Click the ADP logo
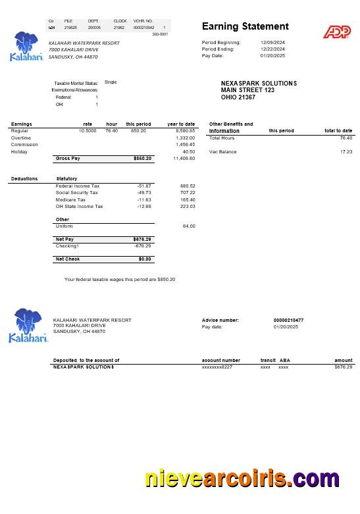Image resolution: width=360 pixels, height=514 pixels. pyautogui.click(x=336, y=31)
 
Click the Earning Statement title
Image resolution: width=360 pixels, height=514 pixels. pyautogui.click(x=245, y=26)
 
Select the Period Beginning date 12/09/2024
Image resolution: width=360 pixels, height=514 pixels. pyautogui.click(x=272, y=42)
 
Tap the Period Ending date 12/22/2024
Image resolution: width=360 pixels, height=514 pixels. pyautogui.click(x=272, y=49)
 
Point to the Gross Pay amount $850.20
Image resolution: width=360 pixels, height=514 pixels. pyautogui.click(x=143, y=159)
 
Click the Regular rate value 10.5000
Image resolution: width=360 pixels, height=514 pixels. pyautogui.click(x=88, y=131)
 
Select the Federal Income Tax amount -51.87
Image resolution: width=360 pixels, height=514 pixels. pyautogui.click(x=144, y=186)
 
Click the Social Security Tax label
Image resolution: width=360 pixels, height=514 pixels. pyautogui.click(x=76, y=193)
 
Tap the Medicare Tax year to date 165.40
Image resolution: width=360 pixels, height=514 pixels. pyautogui.click(x=188, y=199)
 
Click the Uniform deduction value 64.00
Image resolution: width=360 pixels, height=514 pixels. pyautogui.click(x=189, y=226)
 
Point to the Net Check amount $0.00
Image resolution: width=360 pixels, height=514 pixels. pyautogui.click(x=145, y=259)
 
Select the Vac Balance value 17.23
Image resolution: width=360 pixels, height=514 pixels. pyautogui.click(x=346, y=151)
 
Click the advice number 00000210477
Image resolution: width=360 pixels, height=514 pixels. pyautogui.click(x=288, y=320)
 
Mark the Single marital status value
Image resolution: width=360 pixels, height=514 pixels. pyautogui.click(x=111, y=82)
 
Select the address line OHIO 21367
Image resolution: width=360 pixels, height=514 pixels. pyautogui.click(x=238, y=97)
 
